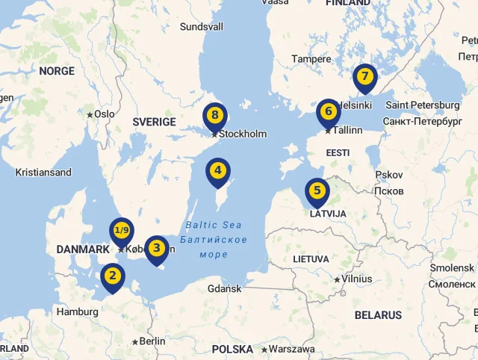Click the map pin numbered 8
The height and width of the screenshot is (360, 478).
click(215, 116)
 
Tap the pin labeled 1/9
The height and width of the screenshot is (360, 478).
click(122, 231)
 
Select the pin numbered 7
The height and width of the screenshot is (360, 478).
click(364, 77)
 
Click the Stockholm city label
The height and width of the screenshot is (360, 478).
click(243, 134)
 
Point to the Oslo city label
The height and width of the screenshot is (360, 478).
click(105, 114)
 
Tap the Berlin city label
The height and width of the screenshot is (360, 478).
click(152, 341)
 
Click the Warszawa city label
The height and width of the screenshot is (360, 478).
click(292, 349)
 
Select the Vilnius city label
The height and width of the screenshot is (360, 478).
click(356, 279)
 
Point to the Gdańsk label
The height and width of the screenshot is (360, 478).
click(224, 288)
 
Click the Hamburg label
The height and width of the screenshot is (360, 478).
click(77, 311)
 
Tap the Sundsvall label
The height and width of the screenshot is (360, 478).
click(202, 27)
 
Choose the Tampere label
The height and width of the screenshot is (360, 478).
click(311, 59)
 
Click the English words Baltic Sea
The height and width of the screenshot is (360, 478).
click(214, 225)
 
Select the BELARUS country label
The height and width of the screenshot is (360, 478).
click(378, 315)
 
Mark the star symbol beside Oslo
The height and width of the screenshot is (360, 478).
click(90, 114)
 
